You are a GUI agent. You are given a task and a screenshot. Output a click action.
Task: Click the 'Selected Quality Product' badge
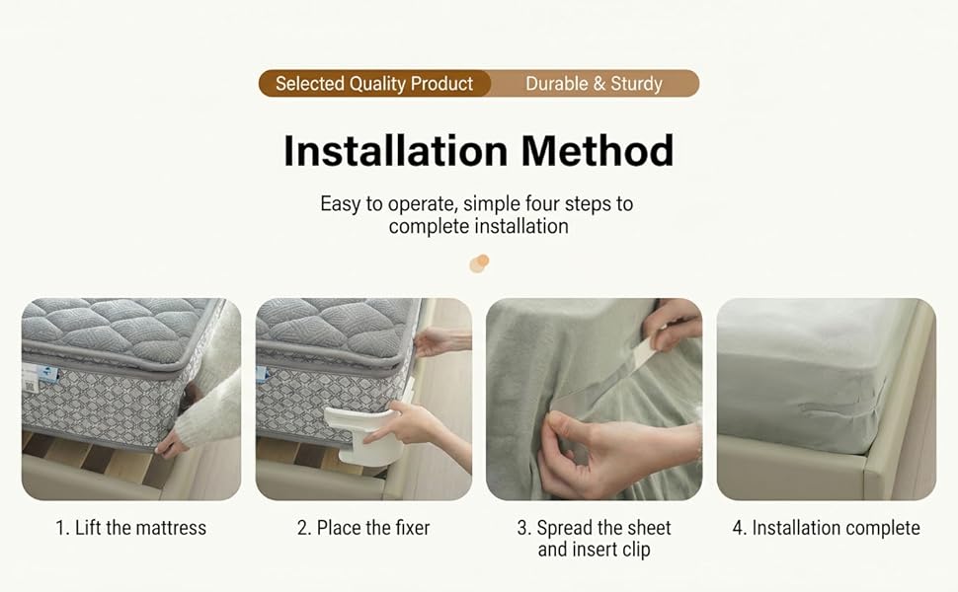374,84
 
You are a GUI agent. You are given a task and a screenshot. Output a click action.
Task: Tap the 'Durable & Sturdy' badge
594,84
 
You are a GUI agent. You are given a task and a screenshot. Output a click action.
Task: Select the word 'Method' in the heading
598,151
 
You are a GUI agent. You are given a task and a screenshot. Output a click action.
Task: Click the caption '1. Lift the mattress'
130,528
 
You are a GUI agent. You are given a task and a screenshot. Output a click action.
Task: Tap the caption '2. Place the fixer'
363,528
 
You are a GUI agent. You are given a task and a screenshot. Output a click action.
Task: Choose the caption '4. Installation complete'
826,528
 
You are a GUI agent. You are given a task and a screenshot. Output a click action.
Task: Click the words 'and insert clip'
594,550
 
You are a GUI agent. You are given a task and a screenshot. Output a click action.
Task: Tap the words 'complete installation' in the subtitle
478,226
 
